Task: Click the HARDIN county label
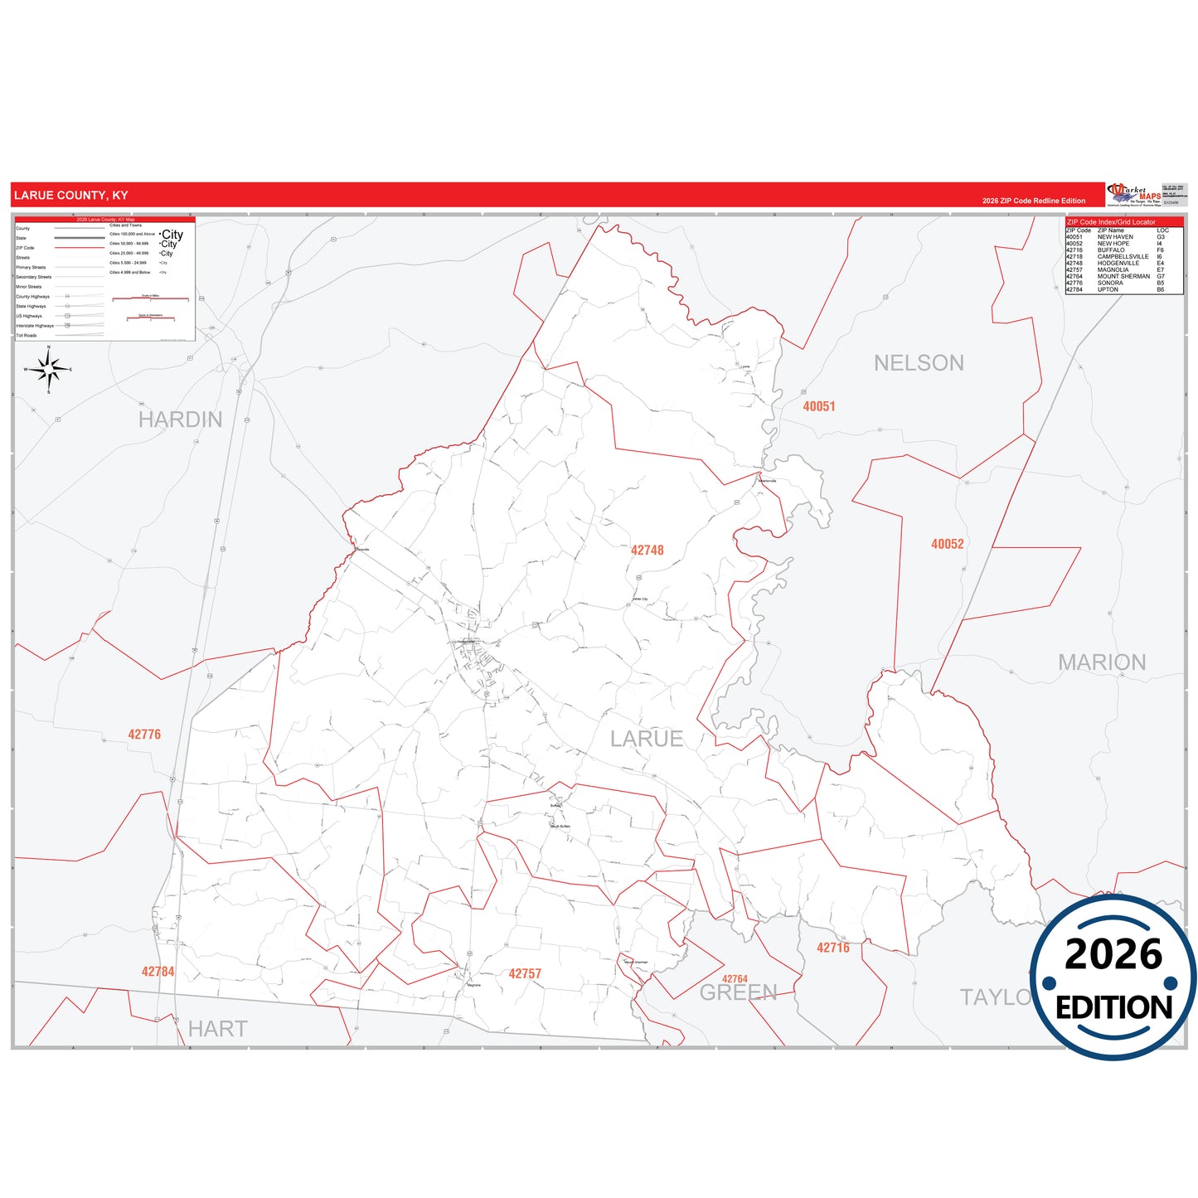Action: pyautogui.click(x=180, y=420)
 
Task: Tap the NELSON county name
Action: pyautogui.click(x=919, y=363)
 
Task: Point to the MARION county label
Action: pyautogui.click(x=1102, y=662)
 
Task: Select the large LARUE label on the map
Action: pyautogui.click(x=647, y=739)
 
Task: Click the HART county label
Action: pyautogui.click(x=217, y=1029)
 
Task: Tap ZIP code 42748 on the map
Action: pyautogui.click(x=647, y=550)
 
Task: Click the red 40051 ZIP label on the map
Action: pyautogui.click(x=819, y=406)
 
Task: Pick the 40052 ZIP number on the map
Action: pyautogui.click(x=947, y=544)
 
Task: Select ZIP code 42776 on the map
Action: pyautogui.click(x=144, y=735)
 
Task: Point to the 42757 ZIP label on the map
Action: pyautogui.click(x=525, y=973)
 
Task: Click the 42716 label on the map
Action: pyautogui.click(x=832, y=948)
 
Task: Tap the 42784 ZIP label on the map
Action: pyautogui.click(x=158, y=972)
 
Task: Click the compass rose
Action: pyautogui.click(x=48, y=370)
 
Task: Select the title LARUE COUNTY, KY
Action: pyautogui.click(x=71, y=196)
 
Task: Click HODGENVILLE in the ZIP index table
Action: pyautogui.click(x=1118, y=264)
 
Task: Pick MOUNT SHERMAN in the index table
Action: pyautogui.click(x=1123, y=276)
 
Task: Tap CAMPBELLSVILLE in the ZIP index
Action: pyautogui.click(x=1123, y=257)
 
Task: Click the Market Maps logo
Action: pyautogui.click(x=1133, y=195)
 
